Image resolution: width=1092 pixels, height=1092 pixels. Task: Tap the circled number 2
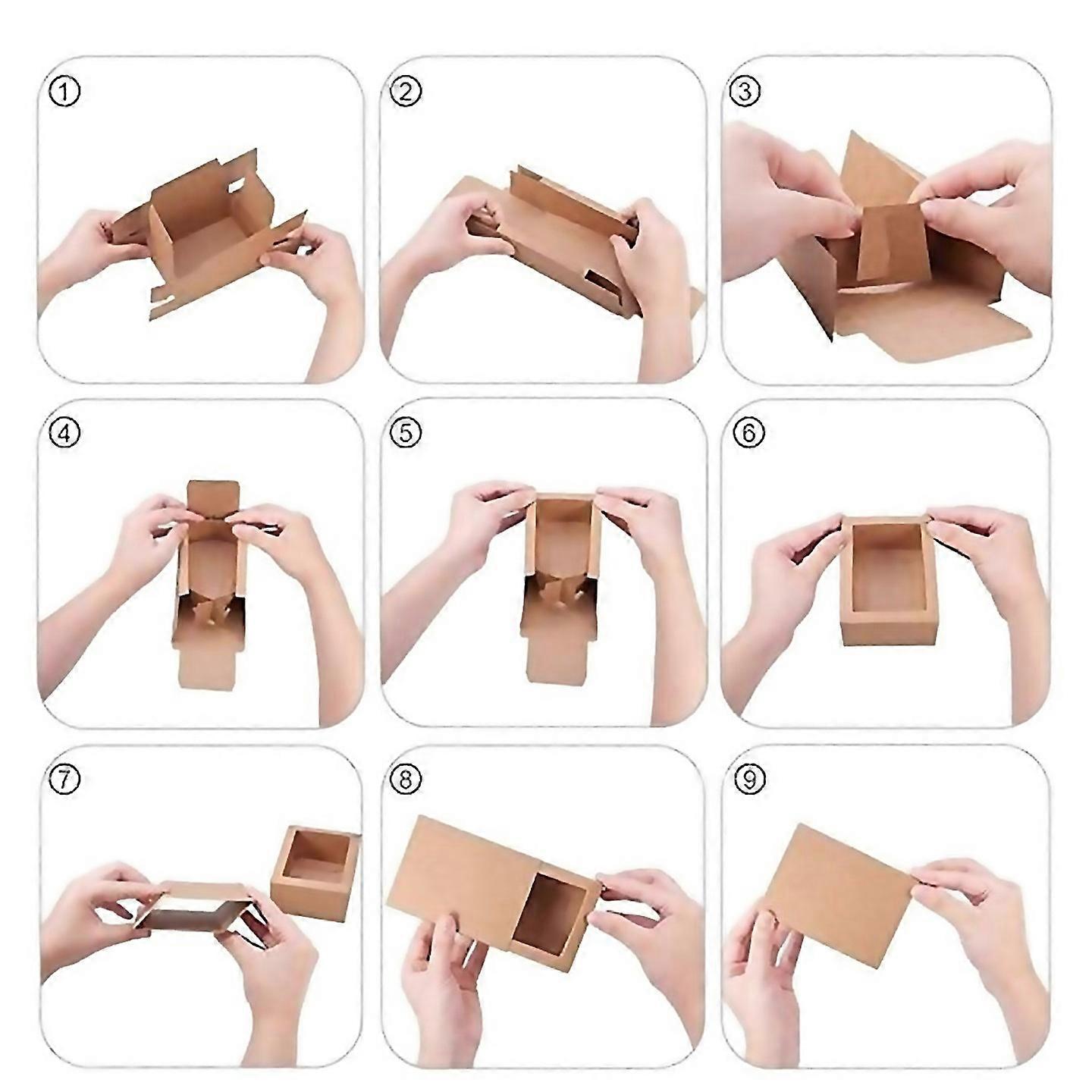[x=405, y=93]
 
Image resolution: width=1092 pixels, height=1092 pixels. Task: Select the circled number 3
[x=744, y=92]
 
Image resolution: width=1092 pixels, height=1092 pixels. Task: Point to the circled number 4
[x=64, y=434]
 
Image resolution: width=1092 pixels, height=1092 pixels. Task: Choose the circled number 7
[x=64, y=778]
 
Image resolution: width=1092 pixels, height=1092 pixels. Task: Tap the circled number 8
[x=405, y=778]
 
